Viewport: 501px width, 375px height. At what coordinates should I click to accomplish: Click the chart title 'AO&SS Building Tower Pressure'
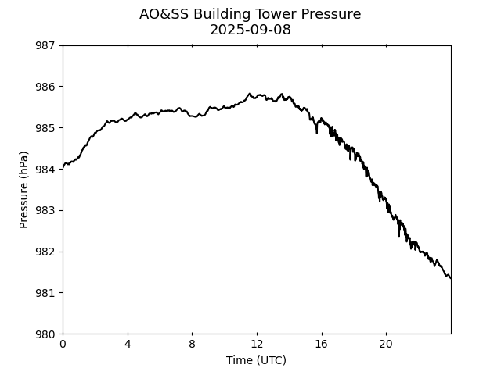pos(250,14)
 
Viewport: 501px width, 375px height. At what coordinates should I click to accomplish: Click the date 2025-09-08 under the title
pos(250,30)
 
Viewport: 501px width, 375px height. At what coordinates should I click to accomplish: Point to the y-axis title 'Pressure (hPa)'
pos(24,190)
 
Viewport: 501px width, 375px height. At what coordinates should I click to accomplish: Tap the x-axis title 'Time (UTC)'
pos(256,360)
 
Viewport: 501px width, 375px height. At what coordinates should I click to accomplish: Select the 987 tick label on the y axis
pos(45,45)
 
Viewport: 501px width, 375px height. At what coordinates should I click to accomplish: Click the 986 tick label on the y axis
pos(45,87)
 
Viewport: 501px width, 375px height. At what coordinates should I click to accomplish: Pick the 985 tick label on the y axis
pos(45,128)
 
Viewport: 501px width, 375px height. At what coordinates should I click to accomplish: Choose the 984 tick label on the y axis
pos(45,170)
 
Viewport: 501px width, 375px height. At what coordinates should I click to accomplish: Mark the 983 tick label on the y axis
pos(45,211)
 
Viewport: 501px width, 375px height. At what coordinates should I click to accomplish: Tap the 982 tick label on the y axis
pos(45,252)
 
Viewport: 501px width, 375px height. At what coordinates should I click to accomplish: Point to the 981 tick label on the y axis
pos(45,293)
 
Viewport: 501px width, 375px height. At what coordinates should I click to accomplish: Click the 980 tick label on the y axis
pos(45,334)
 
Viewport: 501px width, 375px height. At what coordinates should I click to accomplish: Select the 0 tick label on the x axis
pos(63,345)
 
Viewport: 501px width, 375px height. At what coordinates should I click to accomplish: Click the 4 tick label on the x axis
pos(128,345)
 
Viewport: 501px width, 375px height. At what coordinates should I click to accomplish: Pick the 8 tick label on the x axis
pos(192,345)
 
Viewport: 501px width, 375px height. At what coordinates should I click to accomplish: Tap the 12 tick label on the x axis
pos(257,345)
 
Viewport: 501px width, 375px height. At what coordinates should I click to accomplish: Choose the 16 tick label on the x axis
pos(321,345)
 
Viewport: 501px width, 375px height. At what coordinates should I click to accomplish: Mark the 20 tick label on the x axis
pos(386,345)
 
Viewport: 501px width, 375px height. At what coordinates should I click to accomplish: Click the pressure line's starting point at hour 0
pos(63,166)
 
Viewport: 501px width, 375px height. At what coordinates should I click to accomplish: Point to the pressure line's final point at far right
pos(450,277)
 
